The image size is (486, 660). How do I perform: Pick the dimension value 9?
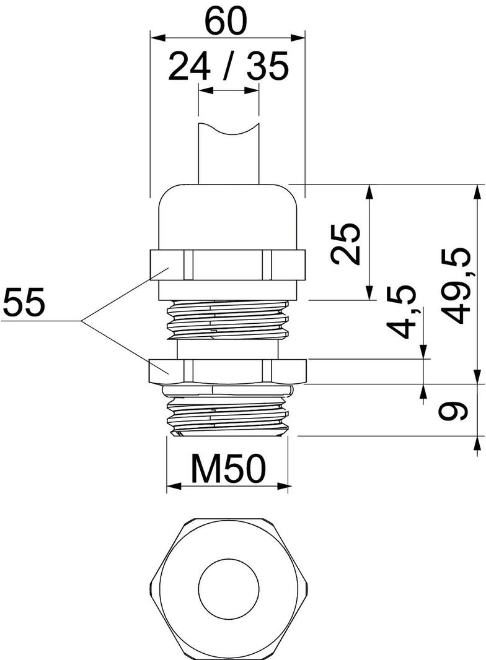click(451, 410)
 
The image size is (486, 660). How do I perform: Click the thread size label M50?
click(228, 469)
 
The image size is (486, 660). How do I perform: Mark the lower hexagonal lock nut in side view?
click(228, 370)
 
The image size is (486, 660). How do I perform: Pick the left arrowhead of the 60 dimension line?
click(155, 38)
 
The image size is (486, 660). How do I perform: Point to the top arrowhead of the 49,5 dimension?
click(477, 189)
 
